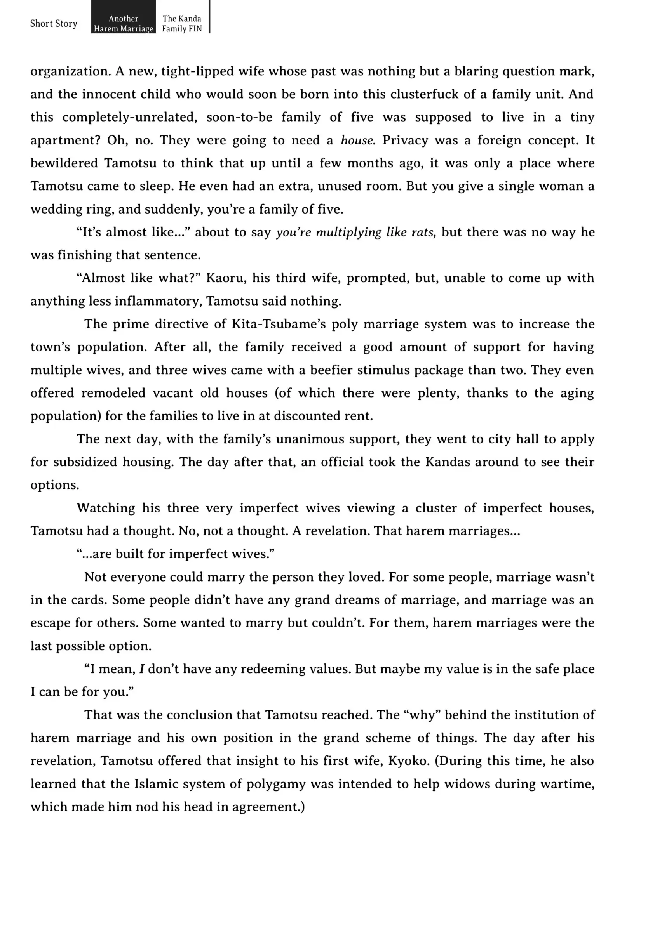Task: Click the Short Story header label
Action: [54, 23]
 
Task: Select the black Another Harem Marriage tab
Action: [123, 23]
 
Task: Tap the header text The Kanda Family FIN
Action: [182, 23]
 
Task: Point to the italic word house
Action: [357, 140]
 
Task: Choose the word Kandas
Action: [447, 462]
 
